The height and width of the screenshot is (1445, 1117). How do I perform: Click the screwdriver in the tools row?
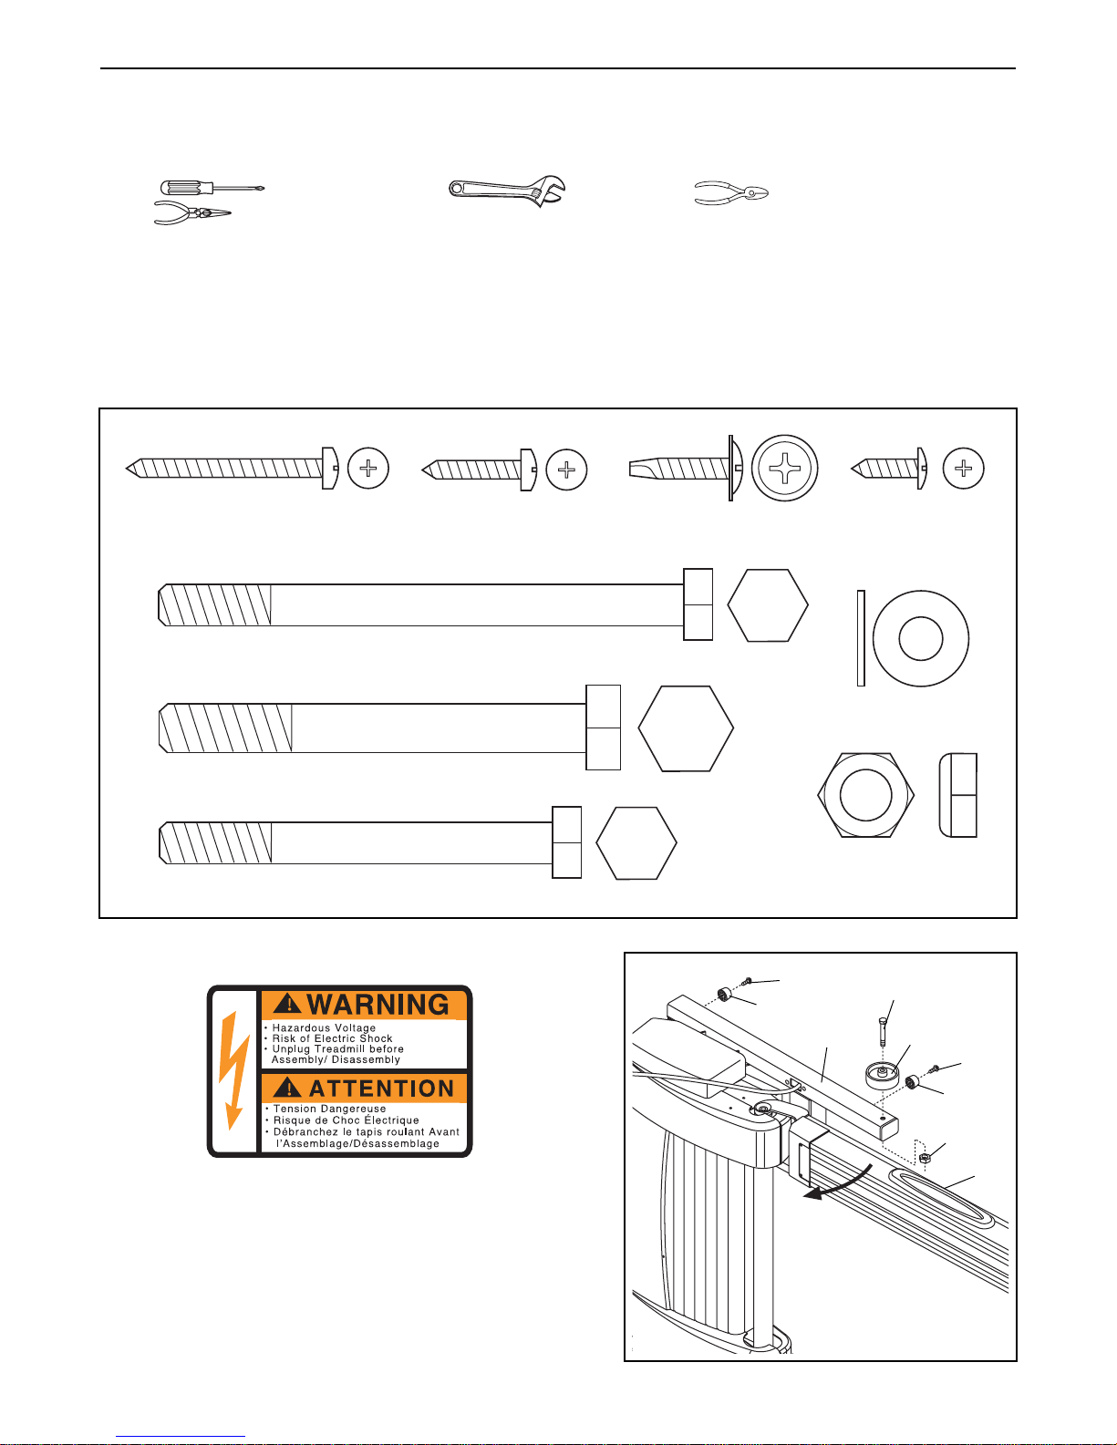point(210,188)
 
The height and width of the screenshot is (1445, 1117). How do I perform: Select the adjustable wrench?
point(507,191)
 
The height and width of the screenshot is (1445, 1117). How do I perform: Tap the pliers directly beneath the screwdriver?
point(191,214)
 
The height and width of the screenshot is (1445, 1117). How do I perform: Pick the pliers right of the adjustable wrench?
point(731,193)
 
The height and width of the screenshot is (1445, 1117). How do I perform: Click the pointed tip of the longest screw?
point(130,469)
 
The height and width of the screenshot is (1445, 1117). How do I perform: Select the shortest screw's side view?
point(889,469)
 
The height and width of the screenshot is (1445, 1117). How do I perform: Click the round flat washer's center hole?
point(920,638)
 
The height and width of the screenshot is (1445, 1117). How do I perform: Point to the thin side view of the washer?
point(861,638)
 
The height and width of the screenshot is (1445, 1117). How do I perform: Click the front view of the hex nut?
point(865,795)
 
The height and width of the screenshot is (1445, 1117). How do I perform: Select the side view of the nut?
point(958,795)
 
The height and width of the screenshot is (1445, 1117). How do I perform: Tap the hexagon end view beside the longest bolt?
point(768,605)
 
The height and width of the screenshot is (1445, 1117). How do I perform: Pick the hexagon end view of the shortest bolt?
point(636,842)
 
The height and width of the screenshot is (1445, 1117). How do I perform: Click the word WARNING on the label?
point(378,1005)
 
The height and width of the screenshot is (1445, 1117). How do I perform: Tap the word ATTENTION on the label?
point(381,1089)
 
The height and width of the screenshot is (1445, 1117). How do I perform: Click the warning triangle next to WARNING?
point(288,1005)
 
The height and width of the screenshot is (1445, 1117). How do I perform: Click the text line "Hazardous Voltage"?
point(324,1027)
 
